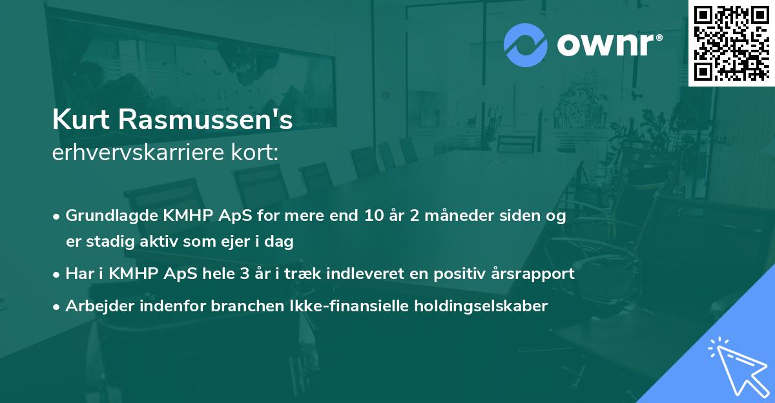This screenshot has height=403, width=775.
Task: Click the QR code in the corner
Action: coord(731,43)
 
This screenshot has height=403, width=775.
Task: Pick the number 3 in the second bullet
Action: coord(243,273)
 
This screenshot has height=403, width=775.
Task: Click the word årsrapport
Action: coord(536,273)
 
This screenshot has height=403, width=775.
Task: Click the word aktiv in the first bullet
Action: coord(150,242)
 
